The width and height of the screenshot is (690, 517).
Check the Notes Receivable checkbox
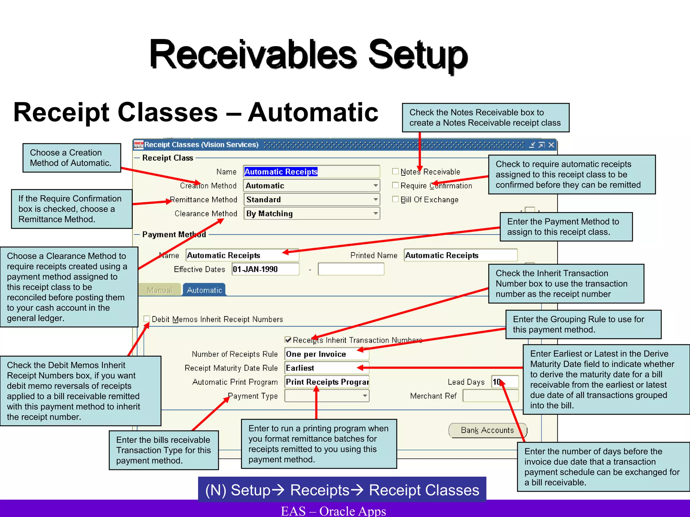click(396, 172)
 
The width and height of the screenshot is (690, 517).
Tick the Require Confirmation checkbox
click(396, 185)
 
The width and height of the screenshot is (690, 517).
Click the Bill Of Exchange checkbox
click(396, 199)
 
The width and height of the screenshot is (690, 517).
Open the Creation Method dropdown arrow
click(375, 185)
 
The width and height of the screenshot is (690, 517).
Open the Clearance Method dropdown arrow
click(375, 213)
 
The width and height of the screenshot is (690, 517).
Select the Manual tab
click(160, 290)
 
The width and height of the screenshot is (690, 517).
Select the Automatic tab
click(204, 290)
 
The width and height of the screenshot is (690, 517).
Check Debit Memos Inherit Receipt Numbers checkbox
click(147, 319)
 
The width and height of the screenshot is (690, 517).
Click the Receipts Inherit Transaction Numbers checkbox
click(288, 340)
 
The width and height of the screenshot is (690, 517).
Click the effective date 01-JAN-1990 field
click(265, 269)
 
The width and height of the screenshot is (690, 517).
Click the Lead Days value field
click(504, 382)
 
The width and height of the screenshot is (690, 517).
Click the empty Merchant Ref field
click(490, 396)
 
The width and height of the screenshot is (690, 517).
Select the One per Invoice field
click(326, 354)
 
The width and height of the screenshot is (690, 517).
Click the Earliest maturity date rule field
click(326, 368)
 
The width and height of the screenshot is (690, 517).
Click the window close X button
click(551, 145)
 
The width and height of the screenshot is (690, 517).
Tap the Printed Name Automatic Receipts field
click(460, 255)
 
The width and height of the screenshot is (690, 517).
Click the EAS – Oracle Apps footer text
click(333, 511)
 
